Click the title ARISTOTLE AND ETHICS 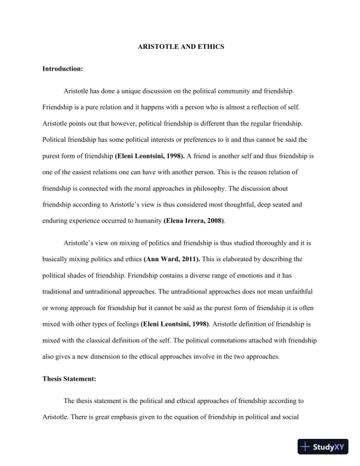click(180, 46)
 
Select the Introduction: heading click(63, 69)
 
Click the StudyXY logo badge click(323, 447)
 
